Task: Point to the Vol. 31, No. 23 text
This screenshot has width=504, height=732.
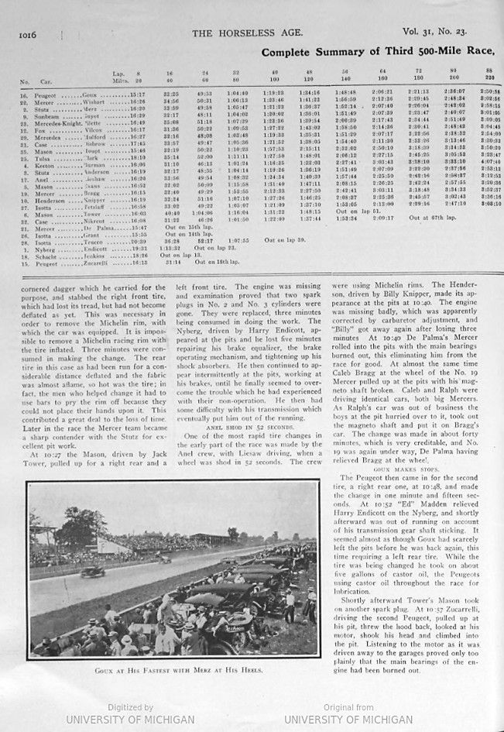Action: click(x=436, y=33)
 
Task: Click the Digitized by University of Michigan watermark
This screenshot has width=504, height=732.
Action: click(x=129, y=714)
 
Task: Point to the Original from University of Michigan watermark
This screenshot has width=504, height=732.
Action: click(x=348, y=714)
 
